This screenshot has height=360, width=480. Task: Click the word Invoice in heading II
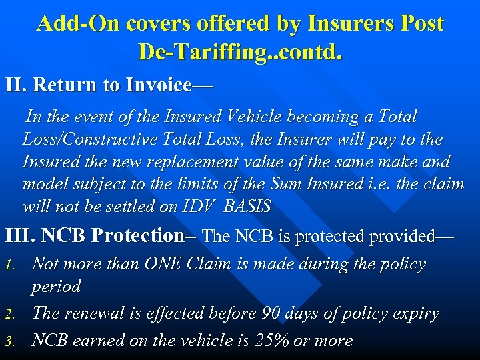[x=155, y=85]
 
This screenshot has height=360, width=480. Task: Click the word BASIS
[x=247, y=207]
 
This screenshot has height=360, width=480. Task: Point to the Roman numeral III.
[x=19, y=236]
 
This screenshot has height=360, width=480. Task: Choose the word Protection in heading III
[x=137, y=236]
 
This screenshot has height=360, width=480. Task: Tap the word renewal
[x=98, y=313]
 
